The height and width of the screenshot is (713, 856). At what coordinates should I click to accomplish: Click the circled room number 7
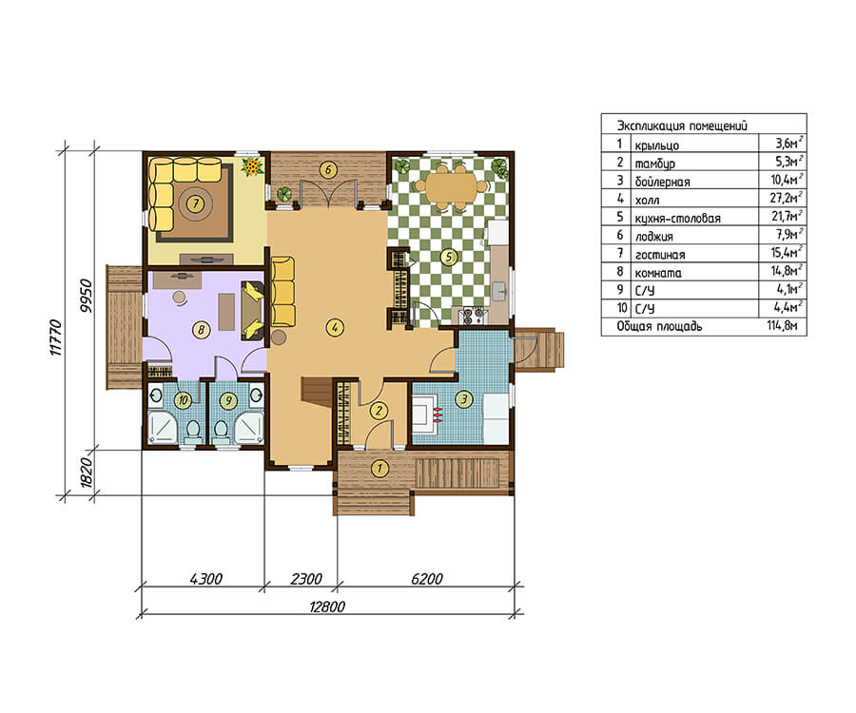[195, 203]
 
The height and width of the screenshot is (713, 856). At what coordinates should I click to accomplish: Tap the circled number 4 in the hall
[334, 327]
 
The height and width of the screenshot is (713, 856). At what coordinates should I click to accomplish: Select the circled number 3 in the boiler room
[464, 398]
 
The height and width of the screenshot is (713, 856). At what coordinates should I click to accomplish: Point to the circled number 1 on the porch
[379, 468]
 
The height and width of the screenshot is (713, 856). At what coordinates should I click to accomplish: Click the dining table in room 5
[453, 186]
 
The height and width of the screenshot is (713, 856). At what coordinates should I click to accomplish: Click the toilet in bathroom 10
[191, 432]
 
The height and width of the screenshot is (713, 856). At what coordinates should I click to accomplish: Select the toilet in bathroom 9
[221, 432]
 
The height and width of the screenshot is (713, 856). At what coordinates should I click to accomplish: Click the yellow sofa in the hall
[282, 292]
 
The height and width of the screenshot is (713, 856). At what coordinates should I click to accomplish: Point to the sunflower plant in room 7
[252, 166]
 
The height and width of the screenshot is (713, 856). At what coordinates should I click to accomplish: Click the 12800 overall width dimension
[327, 607]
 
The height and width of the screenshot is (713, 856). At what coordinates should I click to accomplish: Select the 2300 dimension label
[305, 578]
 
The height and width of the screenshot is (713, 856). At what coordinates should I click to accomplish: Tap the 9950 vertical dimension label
[86, 296]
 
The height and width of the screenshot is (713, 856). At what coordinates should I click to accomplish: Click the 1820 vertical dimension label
[86, 472]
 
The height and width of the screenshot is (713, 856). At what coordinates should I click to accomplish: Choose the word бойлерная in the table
[662, 182]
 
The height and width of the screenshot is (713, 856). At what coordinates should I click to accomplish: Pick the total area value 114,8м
[783, 326]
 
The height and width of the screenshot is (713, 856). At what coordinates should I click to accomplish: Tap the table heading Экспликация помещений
[682, 125]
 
